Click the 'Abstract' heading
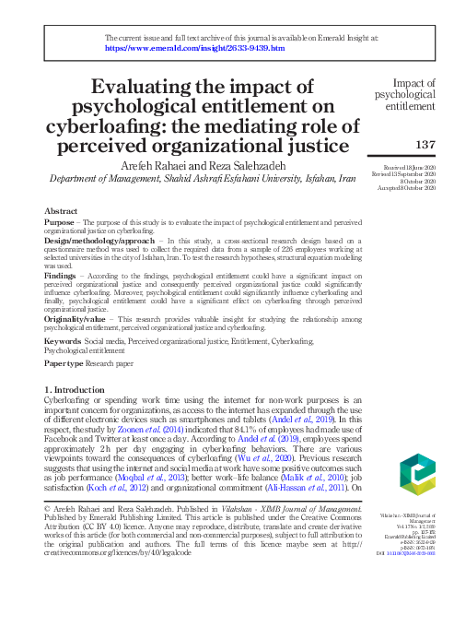(x=61, y=211)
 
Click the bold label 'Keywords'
(x=63, y=341)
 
